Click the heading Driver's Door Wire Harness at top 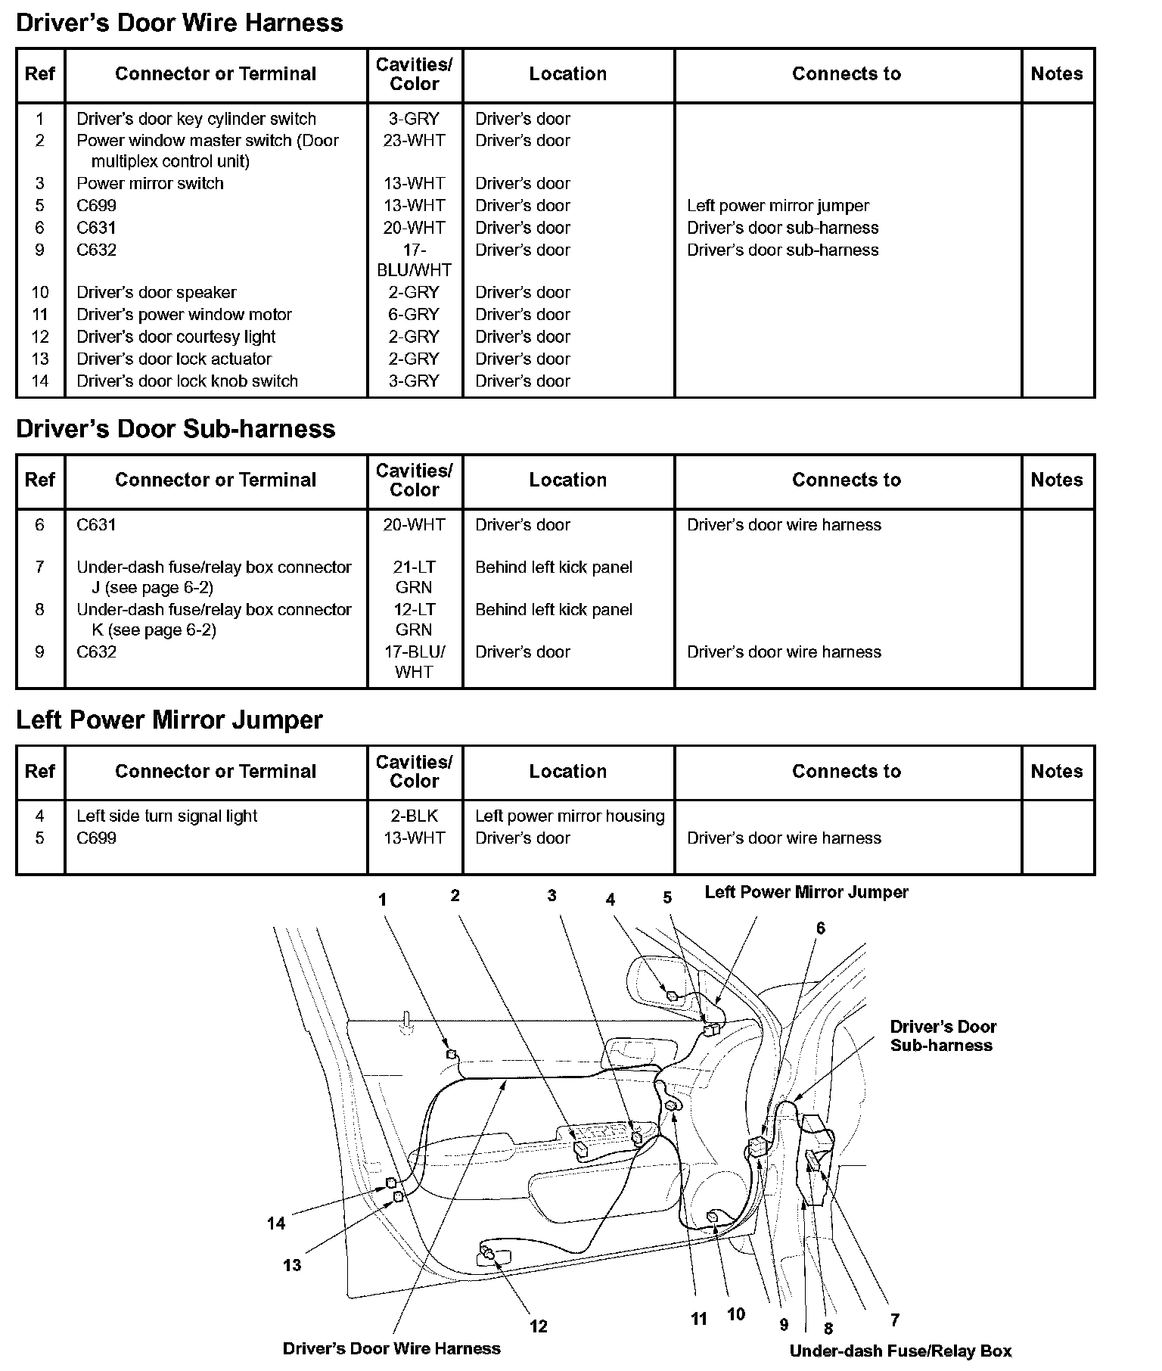179,23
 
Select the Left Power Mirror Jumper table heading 169,720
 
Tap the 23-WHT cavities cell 414,141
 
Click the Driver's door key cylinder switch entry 196,119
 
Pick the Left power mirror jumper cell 778,206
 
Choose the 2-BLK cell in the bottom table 414,816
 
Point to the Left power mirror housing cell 570,816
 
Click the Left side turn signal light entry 166,816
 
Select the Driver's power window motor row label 184,315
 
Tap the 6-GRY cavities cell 414,315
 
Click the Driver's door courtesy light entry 176,337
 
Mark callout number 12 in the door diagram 538,1326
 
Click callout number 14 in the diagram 276,1223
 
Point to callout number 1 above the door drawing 383,900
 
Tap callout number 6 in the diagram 820,928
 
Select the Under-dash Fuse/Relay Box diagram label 900,1351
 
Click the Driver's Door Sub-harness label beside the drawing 943,1036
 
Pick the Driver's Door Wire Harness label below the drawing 391,1348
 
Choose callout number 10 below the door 736,1314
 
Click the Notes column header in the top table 1056,74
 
